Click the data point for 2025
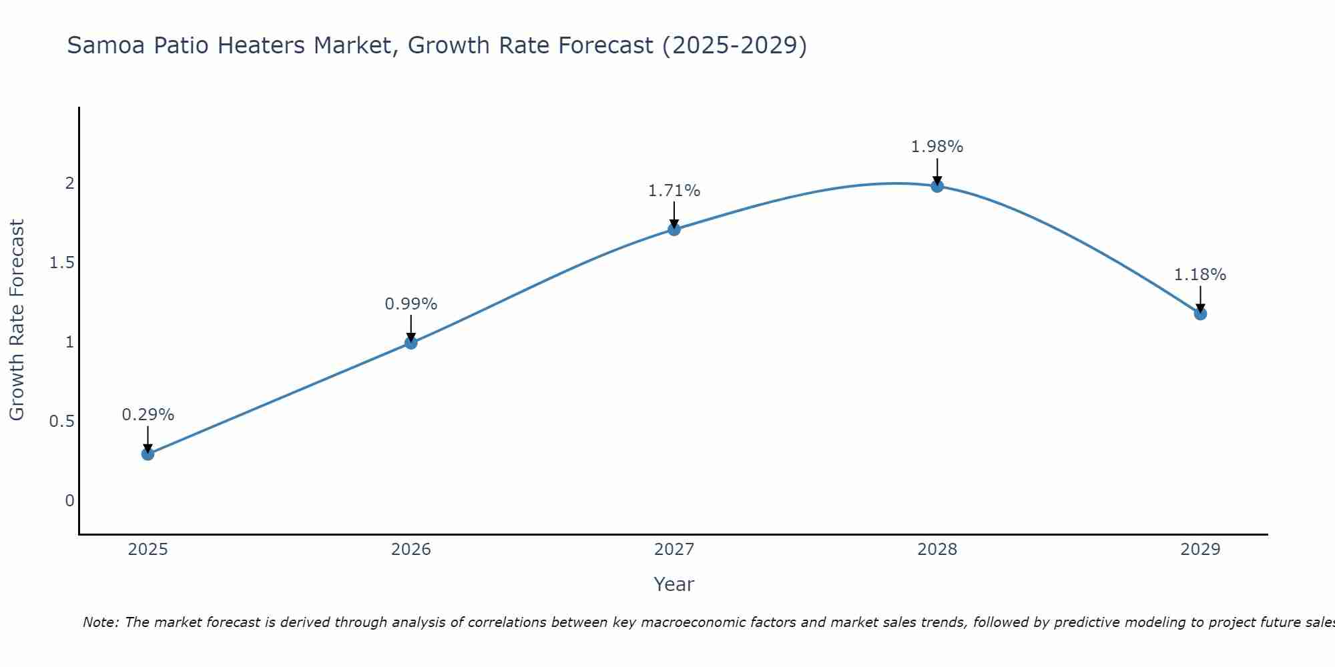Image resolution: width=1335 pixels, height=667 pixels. pyautogui.click(x=148, y=454)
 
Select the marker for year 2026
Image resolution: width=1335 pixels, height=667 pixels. pyautogui.click(x=411, y=343)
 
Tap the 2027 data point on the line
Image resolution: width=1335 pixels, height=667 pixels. pyautogui.click(x=674, y=229)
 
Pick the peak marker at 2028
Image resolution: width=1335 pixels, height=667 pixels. pyautogui.click(x=937, y=186)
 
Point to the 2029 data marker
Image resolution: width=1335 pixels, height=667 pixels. pyautogui.click(x=1199, y=313)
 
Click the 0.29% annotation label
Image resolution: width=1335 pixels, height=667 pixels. pyautogui.click(x=148, y=415)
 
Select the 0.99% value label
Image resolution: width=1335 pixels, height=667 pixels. pyautogui.click(x=411, y=304)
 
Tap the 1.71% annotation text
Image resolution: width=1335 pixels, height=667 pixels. pyautogui.click(x=674, y=191)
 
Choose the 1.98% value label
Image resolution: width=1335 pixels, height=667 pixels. pyautogui.click(x=937, y=147)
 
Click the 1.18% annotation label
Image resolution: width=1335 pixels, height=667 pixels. pyautogui.click(x=1199, y=275)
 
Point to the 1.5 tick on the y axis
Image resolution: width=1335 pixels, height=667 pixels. pyautogui.click(x=61, y=263)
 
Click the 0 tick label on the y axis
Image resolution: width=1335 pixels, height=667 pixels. pyautogui.click(x=69, y=501)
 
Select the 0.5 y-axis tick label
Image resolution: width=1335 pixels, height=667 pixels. pyautogui.click(x=61, y=422)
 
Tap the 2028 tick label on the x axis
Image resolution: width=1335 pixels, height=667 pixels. pyautogui.click(x=937, y=550)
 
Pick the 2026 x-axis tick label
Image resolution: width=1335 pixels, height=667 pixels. pyautogui.click(x=411, y=550)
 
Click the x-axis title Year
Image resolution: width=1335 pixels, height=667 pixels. pyautogui.click(x=674, y=584)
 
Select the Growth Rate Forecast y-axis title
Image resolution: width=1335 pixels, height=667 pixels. pyautogui.click(x=17, y=320)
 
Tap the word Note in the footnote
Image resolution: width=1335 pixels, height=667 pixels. pyautogui.click(x=99, y=622)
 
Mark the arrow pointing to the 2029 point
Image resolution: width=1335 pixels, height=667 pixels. pyautogui.click(x=1199, y=299)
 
